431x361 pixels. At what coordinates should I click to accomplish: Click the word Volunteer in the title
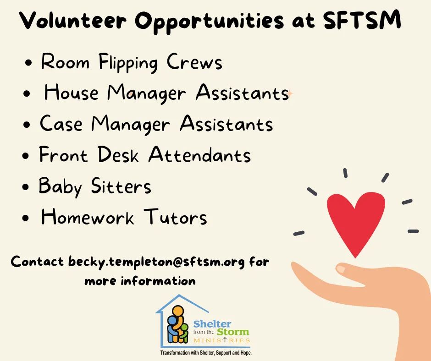[x=73, y=20]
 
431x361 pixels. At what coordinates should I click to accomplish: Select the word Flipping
[x=128, y=63]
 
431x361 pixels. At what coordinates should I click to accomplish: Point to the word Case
[x=61, y=123]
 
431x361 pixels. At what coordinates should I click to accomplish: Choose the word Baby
[x=60, y=186]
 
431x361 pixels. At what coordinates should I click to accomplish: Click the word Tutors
[x=175, y=217]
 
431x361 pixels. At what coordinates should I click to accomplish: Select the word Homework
[x=88, y=217]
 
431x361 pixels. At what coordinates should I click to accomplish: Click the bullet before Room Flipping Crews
[x=28, y=63]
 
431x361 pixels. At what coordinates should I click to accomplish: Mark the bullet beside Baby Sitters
[x=26, y=187]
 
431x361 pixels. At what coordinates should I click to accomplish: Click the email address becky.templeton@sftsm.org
[x=156, y=262]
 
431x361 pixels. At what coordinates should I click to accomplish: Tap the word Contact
[x=37, y=261]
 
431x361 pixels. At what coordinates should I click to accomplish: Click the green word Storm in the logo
[x=233, y=332]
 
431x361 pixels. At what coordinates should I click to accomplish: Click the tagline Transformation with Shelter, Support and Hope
[x=206, y=353]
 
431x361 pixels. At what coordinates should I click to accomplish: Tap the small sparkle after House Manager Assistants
[x=290, y=93]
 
